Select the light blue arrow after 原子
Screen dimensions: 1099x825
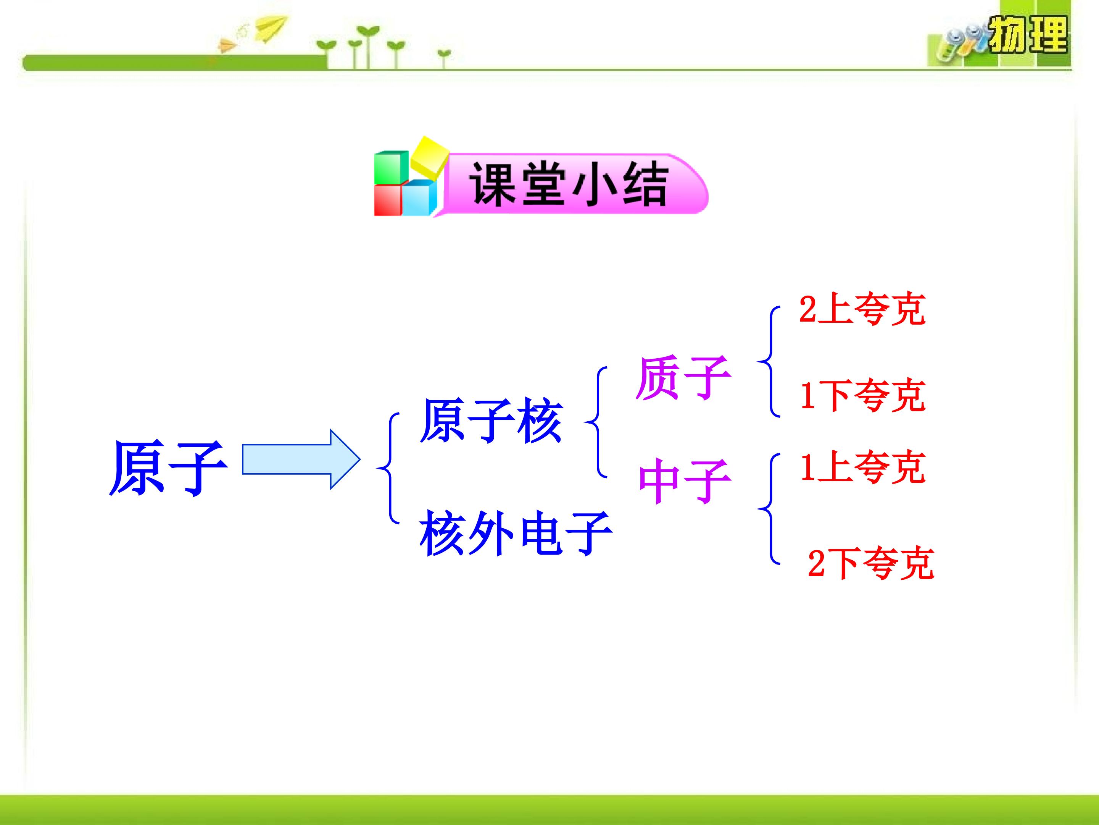[301, 459]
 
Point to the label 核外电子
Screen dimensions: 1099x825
[516, 534]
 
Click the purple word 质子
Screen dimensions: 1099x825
[683, 378]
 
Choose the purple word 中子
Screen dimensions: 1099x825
[685, 481]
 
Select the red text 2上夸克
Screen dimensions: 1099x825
[862, 309]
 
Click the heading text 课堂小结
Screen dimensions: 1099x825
[568, 183]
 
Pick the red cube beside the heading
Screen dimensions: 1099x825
[388, 201]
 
